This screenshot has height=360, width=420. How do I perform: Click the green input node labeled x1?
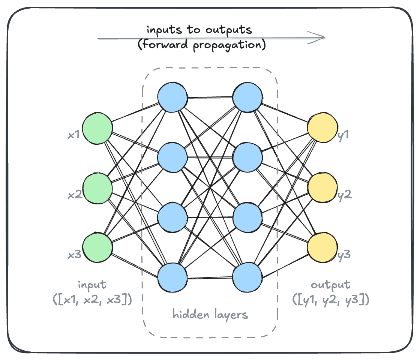(x=97, y=128)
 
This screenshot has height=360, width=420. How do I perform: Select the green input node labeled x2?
(x=97, y=188)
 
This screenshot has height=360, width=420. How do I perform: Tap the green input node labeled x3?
(x=97, y=248)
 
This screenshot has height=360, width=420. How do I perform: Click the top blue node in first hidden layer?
(x=172, y=97)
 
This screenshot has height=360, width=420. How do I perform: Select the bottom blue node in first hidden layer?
(x=172, y=278)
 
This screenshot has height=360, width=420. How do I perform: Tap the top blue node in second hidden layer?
(x=247, y=97)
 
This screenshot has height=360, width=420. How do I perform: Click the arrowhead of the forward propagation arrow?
(x=321, y=38)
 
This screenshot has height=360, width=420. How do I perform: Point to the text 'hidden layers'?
(x=210, y=314)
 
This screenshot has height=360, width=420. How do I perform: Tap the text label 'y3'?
(x=344, y=255)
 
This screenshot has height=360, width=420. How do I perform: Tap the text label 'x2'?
(x=74, y=195)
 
